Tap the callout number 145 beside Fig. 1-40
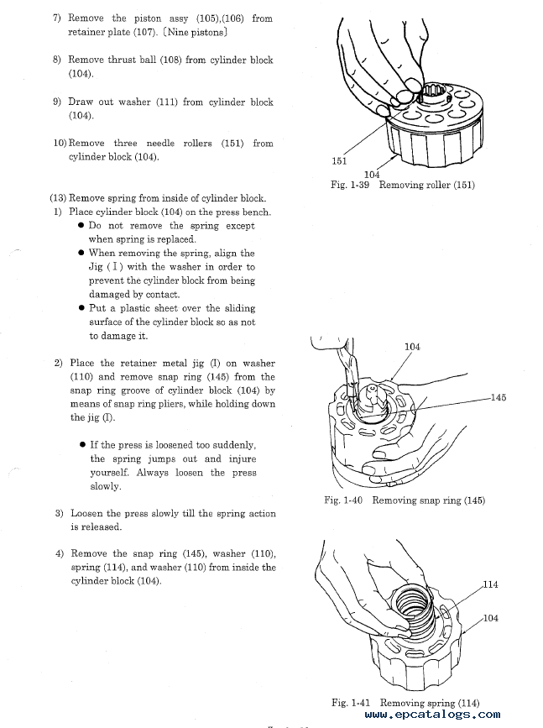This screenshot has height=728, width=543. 499,397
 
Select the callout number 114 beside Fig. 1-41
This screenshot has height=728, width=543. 491,584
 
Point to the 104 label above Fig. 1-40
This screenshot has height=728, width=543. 412,346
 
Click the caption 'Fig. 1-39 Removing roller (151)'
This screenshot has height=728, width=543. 403,185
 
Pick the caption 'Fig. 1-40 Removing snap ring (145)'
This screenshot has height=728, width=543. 405,500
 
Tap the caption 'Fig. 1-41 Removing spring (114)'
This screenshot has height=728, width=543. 405,703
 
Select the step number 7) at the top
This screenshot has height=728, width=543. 58,18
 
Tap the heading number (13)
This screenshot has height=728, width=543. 58,198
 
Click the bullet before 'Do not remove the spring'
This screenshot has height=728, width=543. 81,226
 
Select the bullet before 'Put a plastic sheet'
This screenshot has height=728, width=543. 81,308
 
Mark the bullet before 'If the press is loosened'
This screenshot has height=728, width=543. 82,445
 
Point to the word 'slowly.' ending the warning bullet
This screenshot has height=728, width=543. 106,486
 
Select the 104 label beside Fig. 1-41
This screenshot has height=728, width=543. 491,618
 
